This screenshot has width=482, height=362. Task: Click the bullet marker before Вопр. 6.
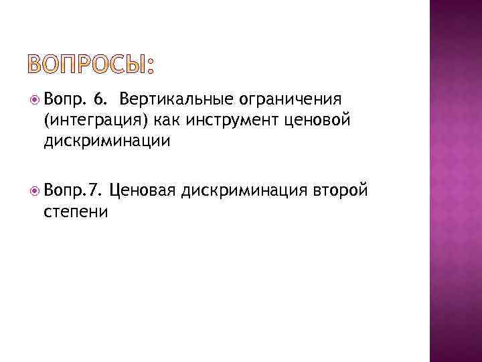click(34, 101)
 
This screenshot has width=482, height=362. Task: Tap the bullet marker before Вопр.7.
click(34, 191)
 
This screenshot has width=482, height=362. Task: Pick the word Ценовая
click(142, 191)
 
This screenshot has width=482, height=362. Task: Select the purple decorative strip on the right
click(455, 181)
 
